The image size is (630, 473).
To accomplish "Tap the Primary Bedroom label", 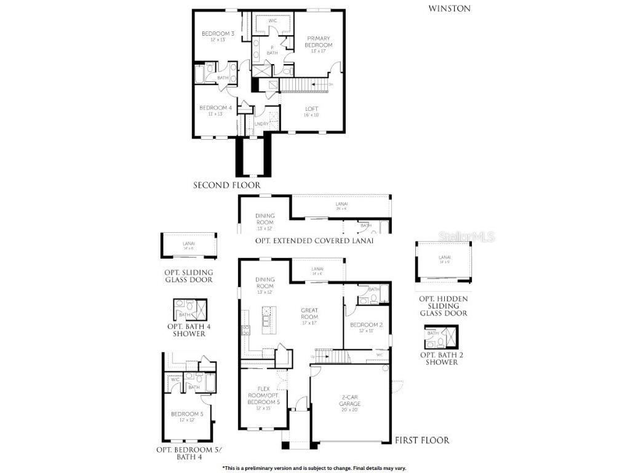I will pyautogui.click(x=319, y=42).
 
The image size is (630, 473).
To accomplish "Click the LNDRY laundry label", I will pyautogui.click(x=261, y=123).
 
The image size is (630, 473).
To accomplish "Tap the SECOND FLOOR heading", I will pyautogui.click(x=226, y=185).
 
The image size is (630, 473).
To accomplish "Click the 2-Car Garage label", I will pyautogui.click(x=350, y=400).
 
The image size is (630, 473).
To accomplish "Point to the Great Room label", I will pyautogui.click(x=309, y=313).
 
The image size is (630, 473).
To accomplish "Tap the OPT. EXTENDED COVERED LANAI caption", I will pyautogui.click(x=314, y=241).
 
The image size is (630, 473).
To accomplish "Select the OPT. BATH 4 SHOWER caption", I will pyautogui.click(x=189, y=329).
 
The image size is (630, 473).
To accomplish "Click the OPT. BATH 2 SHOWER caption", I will pyautogui.click(x=439, y=358).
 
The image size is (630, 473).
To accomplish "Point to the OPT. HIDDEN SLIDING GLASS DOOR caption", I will pyautogui.click(x=443, y=305).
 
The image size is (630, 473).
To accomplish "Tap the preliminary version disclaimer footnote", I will pyautogui.click(x=314, y=468).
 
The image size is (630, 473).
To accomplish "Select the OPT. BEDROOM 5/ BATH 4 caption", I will pyautogui.click(x=188, y=453).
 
